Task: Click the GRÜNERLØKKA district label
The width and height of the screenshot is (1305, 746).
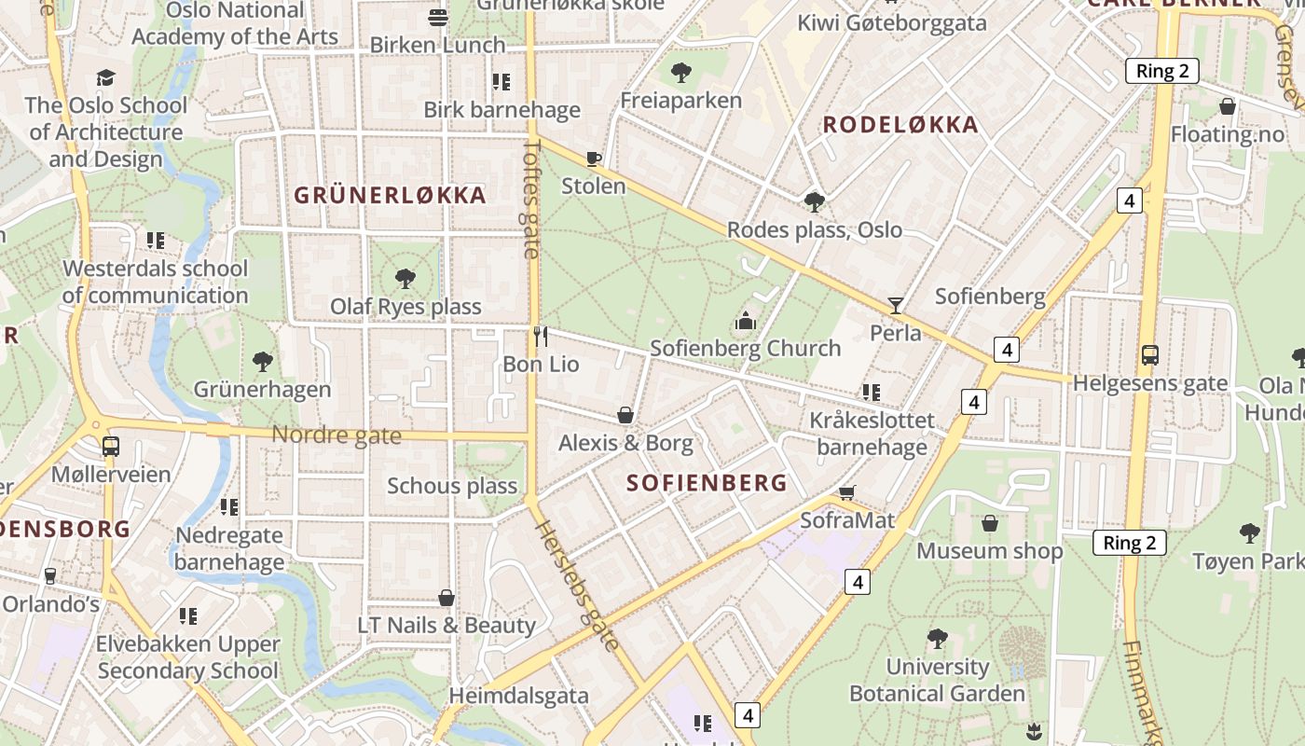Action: click(390, 195)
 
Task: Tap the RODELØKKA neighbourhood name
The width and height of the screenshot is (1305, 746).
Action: click(900, 125)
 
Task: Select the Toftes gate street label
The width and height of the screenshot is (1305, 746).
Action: click(532, 199)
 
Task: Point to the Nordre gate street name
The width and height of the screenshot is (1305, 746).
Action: click(337, 435)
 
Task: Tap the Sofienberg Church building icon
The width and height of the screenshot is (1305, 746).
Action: click(746, 322)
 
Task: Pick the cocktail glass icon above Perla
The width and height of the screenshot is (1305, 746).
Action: click(896, 305)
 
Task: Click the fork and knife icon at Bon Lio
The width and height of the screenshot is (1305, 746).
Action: click(541, 336)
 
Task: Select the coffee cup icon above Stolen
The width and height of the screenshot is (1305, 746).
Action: click(594, 159)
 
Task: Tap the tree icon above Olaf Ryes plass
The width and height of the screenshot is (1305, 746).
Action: click(405, 278)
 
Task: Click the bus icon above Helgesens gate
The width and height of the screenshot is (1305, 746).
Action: click(1150, 355)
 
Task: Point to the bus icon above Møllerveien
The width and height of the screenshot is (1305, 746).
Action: click(111, 447)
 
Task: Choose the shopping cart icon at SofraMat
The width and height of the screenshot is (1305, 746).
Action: click(847, 492)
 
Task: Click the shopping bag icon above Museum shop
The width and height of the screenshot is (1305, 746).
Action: click(990, 523)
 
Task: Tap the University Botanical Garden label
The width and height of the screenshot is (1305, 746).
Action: click(937, 681)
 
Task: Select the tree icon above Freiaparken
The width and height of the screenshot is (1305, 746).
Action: click(681, 72)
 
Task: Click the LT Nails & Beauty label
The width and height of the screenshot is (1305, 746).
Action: click(446, 625)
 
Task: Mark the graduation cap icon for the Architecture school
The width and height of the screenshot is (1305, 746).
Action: click(106, 77)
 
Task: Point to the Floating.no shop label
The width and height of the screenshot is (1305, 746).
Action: click(1227, 134)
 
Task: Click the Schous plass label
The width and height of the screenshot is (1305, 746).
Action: click(452, 486)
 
